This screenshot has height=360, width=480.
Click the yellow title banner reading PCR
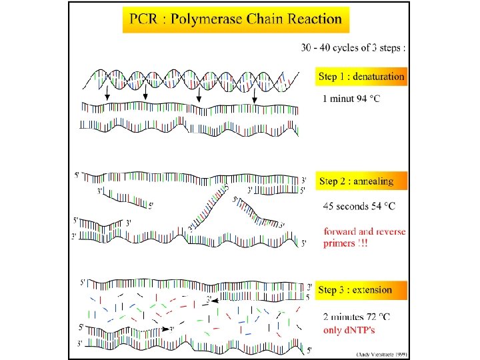pyautogui.click(x=236, y=19)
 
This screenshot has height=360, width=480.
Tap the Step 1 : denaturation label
pyautogui.click(x=361, y=77)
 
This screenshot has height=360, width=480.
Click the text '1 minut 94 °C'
pyautogui.click(x=353, y=99)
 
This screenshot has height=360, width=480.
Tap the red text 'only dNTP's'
pyautogui.click(x=350, y=330)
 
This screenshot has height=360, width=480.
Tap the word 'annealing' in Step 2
pyautogui.click(x=373, y=181)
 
